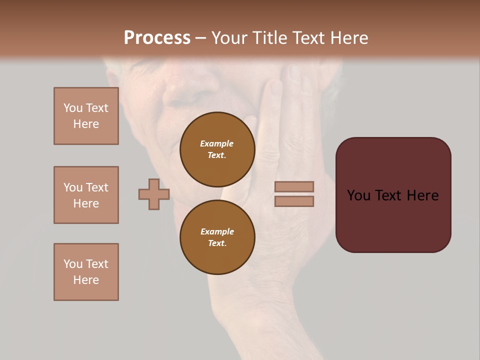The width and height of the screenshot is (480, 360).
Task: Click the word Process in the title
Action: click(157, 38)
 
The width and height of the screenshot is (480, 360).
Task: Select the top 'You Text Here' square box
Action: click(86, 116)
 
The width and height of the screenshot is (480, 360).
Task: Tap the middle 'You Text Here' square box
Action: click(86, 195)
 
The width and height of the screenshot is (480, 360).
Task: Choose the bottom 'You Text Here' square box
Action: click(86, 272)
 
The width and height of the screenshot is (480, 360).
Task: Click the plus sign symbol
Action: click(154, 194)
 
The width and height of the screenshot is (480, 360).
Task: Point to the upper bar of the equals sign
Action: click(294, 186)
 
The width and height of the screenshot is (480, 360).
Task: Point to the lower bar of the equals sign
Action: click(294, 201)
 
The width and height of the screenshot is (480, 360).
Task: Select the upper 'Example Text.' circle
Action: click(217, 149)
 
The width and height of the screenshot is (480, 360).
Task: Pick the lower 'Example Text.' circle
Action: click(217, 237)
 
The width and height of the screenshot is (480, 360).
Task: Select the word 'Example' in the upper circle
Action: click(217, 143)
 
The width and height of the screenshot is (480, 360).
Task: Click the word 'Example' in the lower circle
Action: click(217, 231)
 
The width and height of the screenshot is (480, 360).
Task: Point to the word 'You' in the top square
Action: click(73, 108)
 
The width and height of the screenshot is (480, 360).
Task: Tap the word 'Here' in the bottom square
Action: click(86, 280)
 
